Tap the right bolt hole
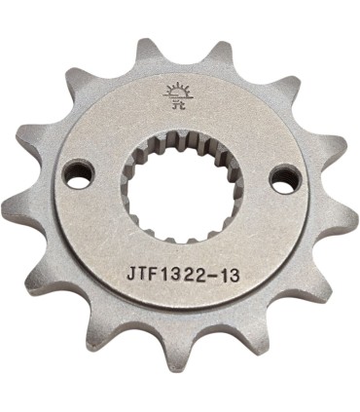285,177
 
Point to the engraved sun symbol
180,94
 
